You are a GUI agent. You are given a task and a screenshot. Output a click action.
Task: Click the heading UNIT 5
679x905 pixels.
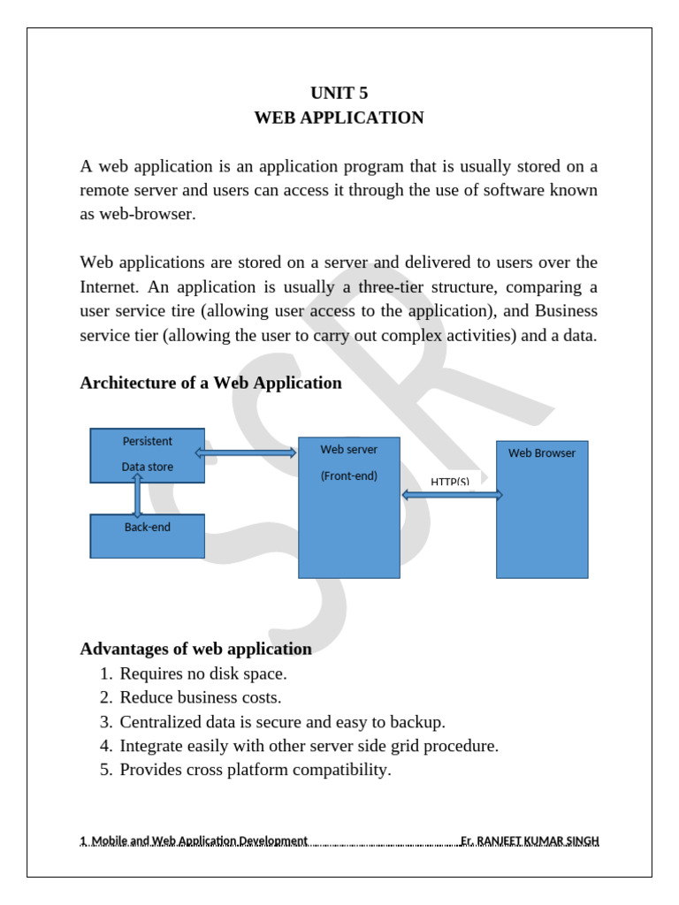[339, 93]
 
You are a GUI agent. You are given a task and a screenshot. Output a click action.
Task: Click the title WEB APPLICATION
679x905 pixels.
[339, 118]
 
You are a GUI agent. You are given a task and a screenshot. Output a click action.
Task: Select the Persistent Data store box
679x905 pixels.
[147, 455]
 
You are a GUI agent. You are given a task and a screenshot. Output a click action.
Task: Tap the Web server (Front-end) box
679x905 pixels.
[348, 507]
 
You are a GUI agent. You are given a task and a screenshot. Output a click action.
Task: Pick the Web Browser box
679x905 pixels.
[541, 509]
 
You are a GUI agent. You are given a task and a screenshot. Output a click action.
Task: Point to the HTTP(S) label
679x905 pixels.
[450, 482]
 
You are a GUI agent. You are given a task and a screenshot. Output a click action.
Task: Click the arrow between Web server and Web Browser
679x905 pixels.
[452, 495]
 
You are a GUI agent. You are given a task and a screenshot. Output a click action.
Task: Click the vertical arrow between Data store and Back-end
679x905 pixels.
[137, 495]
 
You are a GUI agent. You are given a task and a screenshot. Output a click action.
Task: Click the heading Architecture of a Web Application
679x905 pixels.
[210, 383]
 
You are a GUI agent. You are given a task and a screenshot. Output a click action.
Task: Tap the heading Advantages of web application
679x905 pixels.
[195, 649]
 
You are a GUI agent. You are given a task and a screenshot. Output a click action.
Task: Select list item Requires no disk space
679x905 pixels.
[203, 673]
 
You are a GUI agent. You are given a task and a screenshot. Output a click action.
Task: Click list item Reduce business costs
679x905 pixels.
[201, 697]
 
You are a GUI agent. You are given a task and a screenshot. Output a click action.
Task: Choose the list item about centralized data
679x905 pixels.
[283, 721]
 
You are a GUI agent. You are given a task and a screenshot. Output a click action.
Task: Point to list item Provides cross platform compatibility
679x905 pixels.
[255, 769]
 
